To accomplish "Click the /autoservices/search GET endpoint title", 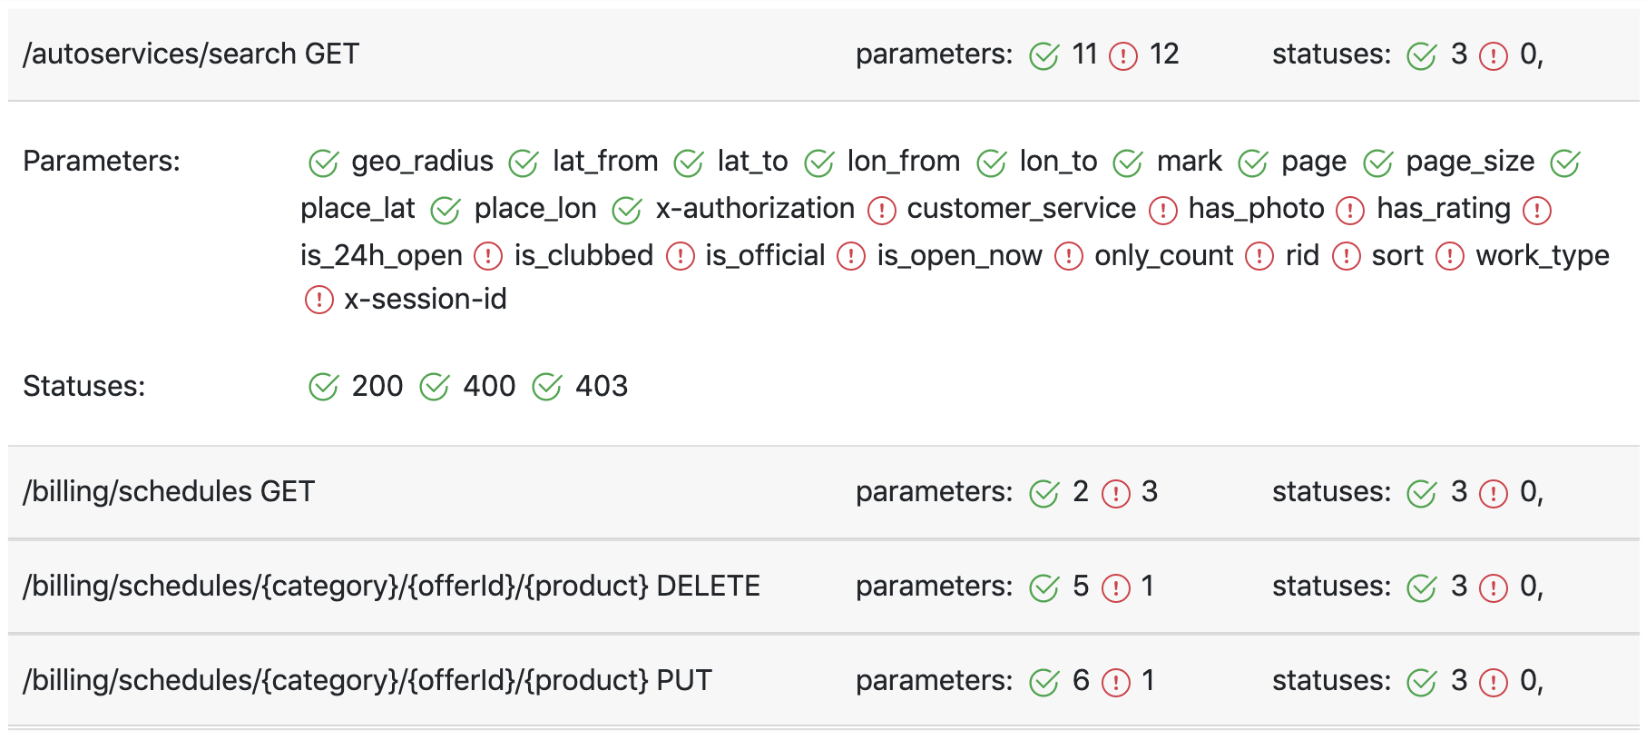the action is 191,54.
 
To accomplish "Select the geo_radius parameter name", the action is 423,162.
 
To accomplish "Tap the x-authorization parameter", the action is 755,209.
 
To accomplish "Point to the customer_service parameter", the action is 1022,209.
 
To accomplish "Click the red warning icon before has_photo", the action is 1163,211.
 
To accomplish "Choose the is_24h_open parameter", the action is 381,256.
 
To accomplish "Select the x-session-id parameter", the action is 426,299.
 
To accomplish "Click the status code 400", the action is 489,386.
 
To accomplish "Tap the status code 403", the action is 602,386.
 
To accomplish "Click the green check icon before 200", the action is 323,387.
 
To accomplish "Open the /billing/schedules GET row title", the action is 169,491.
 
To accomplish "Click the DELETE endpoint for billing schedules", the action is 391,586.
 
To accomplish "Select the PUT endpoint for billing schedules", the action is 367,680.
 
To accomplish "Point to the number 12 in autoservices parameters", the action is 1164,54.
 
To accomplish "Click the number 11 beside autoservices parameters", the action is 1084,54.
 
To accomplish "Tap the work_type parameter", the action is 1543,256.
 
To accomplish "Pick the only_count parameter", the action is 1164,256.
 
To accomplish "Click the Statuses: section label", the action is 84,386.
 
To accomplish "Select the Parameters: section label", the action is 102,161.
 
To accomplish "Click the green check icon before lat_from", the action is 524,163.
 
